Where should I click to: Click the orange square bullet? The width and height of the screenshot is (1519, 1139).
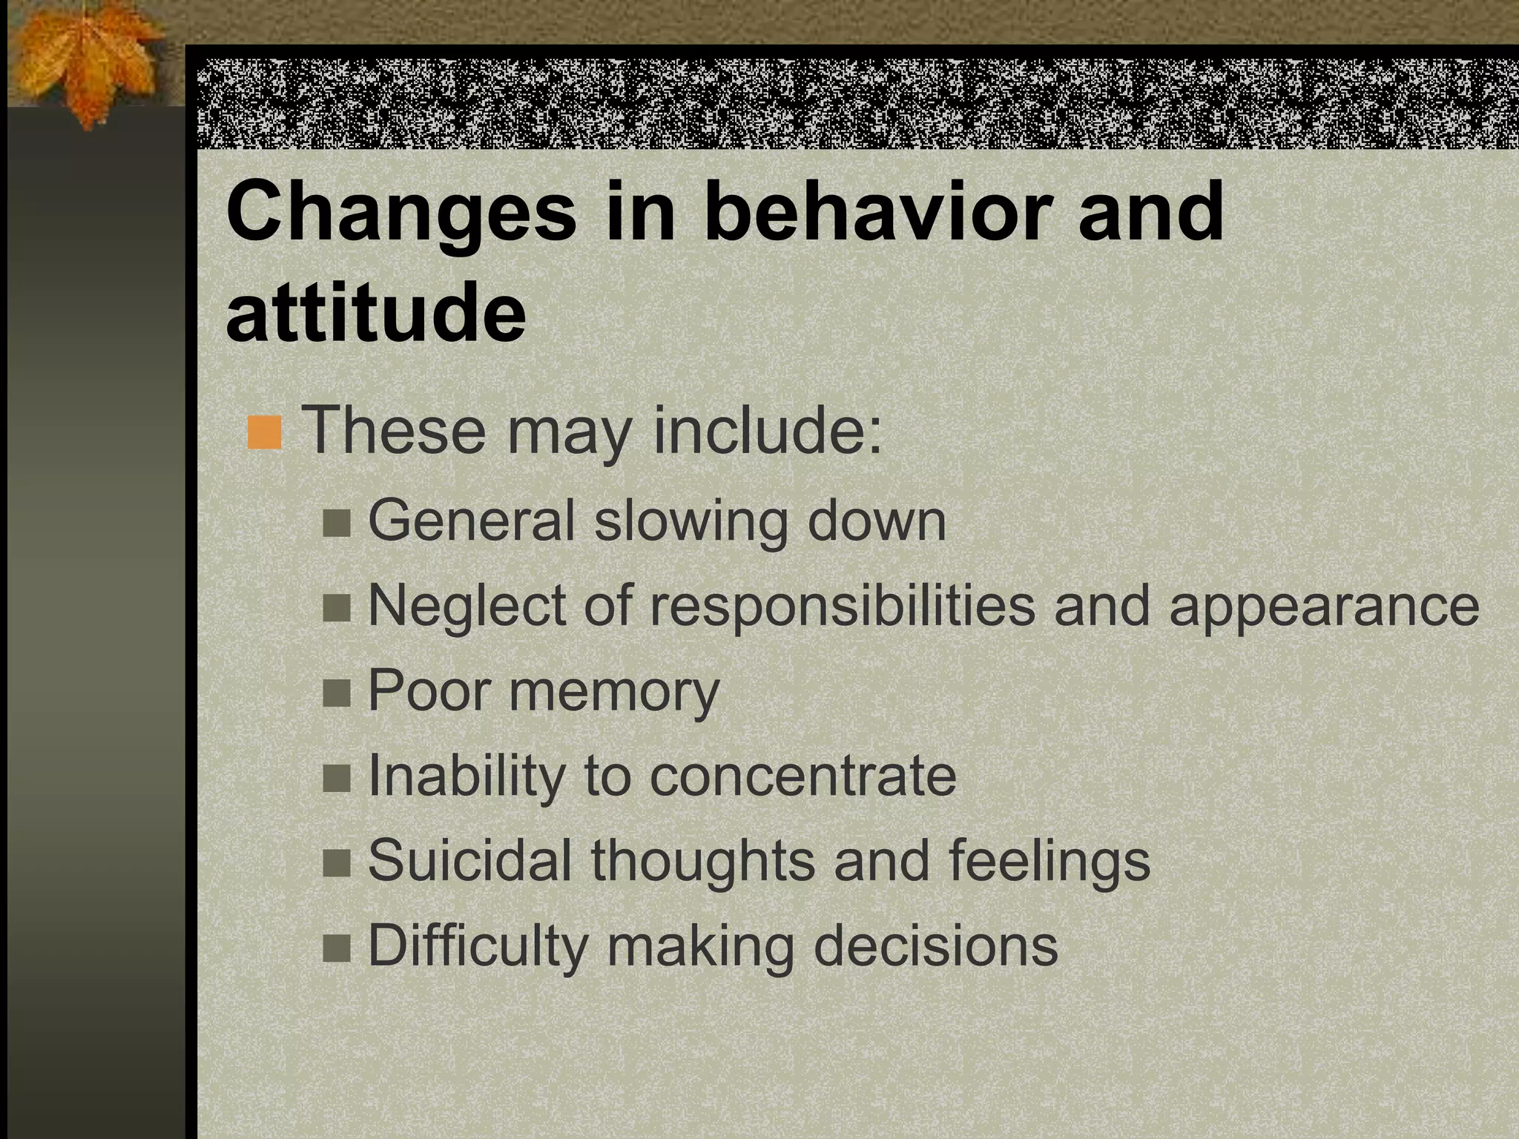pyautogui.click(x=265, y=433)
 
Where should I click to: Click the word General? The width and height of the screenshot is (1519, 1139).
pyautogui.click(x=472, y=521)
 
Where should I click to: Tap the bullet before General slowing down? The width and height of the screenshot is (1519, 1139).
pyautogui.click(x=337, y=524)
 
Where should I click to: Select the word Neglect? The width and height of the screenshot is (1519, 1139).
pyautogui.click(x=467, y=605)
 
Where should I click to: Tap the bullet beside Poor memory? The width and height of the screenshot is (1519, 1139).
pyautogui.click(x=337, y=694)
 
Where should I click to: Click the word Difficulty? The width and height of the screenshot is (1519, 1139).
pyautogui.click(x=478, y=946)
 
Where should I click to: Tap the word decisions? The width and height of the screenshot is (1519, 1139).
pyautogui.click(x=935, y=946)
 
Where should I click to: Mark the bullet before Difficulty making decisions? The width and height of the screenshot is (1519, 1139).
pyautogui.click(x=337, y=948)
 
